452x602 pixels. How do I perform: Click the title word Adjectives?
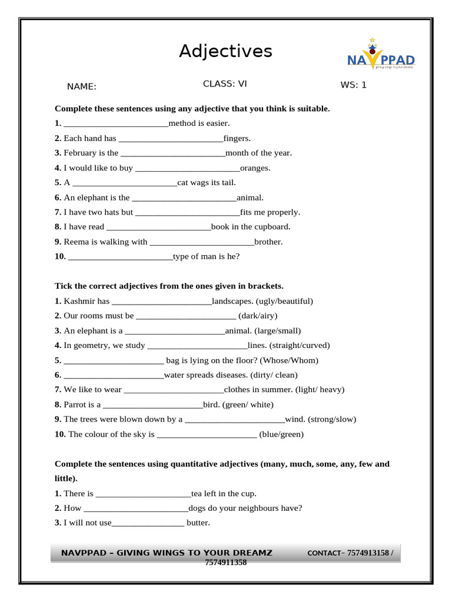coord(225,52)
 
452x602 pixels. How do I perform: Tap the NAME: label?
coord(82,87)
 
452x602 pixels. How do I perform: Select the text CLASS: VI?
coord(225,83)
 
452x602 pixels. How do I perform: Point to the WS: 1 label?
coord(353,85)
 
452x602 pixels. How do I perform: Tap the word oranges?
coord(255,168)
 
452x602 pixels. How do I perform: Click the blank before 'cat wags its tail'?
coord(125,183)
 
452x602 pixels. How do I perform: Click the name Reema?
coord(75,242)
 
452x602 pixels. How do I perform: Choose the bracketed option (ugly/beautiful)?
coord(284,301)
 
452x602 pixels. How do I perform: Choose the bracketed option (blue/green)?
coord(281,434)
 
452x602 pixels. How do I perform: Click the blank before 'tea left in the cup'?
coord(143,494)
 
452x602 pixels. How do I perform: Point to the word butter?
coord(198,523)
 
